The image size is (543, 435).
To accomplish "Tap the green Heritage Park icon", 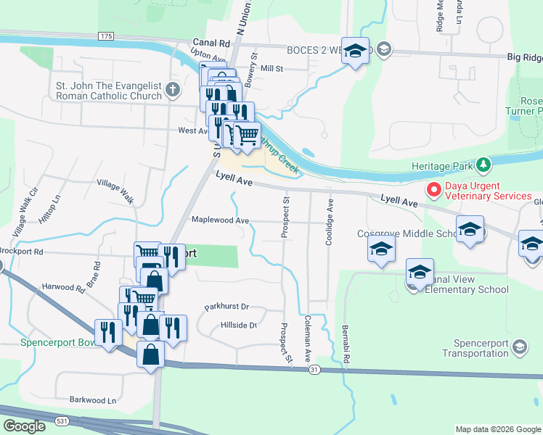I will coord(483,165).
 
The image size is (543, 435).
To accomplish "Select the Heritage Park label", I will coord(441,166).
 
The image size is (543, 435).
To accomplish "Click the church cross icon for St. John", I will coord(172,90).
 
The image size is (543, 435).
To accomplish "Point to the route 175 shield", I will coord(106,36).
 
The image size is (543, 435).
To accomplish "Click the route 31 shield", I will coord(314,370).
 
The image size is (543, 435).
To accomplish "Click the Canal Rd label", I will coord(211,43).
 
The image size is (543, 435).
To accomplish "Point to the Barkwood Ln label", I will coord(92,400).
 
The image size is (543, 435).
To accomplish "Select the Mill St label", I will coord(271,68).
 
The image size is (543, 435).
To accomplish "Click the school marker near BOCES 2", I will coord(355,51).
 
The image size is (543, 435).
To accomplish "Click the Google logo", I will coord(24,426).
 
